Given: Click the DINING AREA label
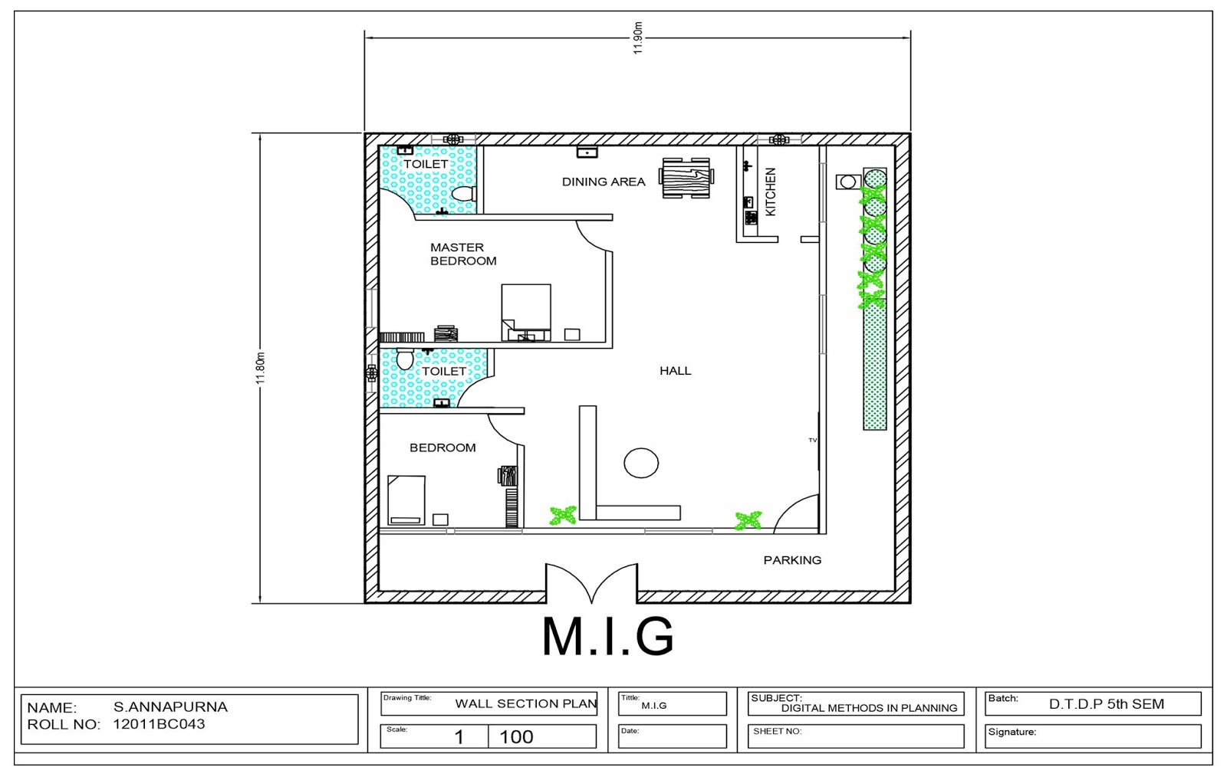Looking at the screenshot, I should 603,182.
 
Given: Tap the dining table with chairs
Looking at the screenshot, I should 686,178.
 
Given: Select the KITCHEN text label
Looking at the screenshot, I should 771,192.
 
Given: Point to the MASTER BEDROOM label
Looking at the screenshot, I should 462,254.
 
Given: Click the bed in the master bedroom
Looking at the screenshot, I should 526,310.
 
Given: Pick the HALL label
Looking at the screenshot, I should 675,371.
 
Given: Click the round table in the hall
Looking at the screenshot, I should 641,463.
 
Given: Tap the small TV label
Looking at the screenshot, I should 812,440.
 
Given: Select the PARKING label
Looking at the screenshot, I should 792,560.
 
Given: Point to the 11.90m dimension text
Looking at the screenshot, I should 637,38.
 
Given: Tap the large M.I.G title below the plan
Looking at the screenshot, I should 607,636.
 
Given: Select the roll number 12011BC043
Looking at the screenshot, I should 159,724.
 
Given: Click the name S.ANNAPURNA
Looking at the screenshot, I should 170,707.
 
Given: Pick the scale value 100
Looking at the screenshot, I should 516,737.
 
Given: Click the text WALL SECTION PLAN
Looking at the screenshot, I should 525,703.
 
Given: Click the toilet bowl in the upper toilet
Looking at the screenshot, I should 463,193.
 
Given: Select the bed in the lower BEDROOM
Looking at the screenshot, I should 406,499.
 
